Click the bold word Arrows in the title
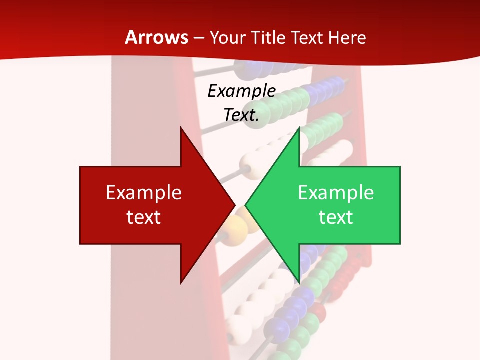coord(157,37)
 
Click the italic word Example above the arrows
coord(242,91)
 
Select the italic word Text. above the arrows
coord(242,115)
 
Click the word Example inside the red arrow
coord(144,192)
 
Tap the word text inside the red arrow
coord(144,217)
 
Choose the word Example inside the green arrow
coord(336,192)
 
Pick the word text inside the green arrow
coord(336,217)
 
